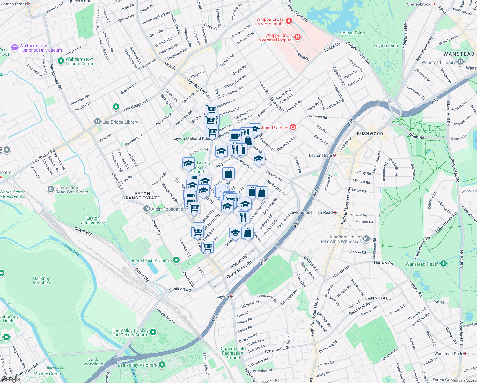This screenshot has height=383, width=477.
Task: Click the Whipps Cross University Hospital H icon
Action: pos(297,37)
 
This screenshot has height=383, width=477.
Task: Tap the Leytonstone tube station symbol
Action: pos(334,155)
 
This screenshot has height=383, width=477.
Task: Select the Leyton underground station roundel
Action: pos(231,297)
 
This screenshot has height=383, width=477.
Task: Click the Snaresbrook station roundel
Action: pos(433,4)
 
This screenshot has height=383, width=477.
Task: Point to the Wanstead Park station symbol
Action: pos(465,354)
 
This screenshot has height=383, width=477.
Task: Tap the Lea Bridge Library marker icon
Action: pos(98,122)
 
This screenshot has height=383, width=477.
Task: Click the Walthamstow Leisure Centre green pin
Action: pos(61,61)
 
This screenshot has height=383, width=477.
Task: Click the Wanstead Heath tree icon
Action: pos(443,264)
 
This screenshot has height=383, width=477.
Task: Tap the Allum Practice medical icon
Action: pos(293,128)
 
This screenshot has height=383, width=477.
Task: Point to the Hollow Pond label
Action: pos(352,33)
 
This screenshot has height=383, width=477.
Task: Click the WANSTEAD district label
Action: pos(459,54)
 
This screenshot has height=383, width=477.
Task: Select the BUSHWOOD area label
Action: pos(370,134)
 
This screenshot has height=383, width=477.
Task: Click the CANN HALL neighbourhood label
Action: pos(378,298)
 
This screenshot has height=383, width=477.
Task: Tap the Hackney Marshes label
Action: pos(41,281)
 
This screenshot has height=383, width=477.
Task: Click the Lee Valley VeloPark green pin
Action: pos(162,364)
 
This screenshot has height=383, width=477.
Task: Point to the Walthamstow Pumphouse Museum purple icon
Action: pos(14,48)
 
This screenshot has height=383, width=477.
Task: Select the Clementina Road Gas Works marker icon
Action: pos(50,190)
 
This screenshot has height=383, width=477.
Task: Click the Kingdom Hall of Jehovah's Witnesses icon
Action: pos(366,239)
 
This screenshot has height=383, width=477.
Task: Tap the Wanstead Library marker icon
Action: pos(460,62)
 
